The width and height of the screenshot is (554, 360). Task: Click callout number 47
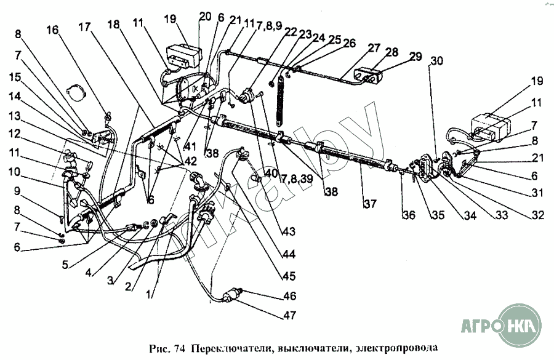click(290, 315)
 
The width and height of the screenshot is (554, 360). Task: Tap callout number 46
click(290, 296)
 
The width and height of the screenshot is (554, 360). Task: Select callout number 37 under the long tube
click(369, 204)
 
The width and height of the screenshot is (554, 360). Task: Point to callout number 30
click(436, 61)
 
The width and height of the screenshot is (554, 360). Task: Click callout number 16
click(52, 30)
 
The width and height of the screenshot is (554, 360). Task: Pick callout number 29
click(416, 56)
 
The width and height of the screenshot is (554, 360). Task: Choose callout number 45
click(289, 276)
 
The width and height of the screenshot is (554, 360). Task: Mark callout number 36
click(409, 215)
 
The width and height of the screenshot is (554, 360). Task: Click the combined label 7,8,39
click(297, 179)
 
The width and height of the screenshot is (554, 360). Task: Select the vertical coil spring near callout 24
click(281, 100)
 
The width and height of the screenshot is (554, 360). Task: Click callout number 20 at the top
click(205, 16)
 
